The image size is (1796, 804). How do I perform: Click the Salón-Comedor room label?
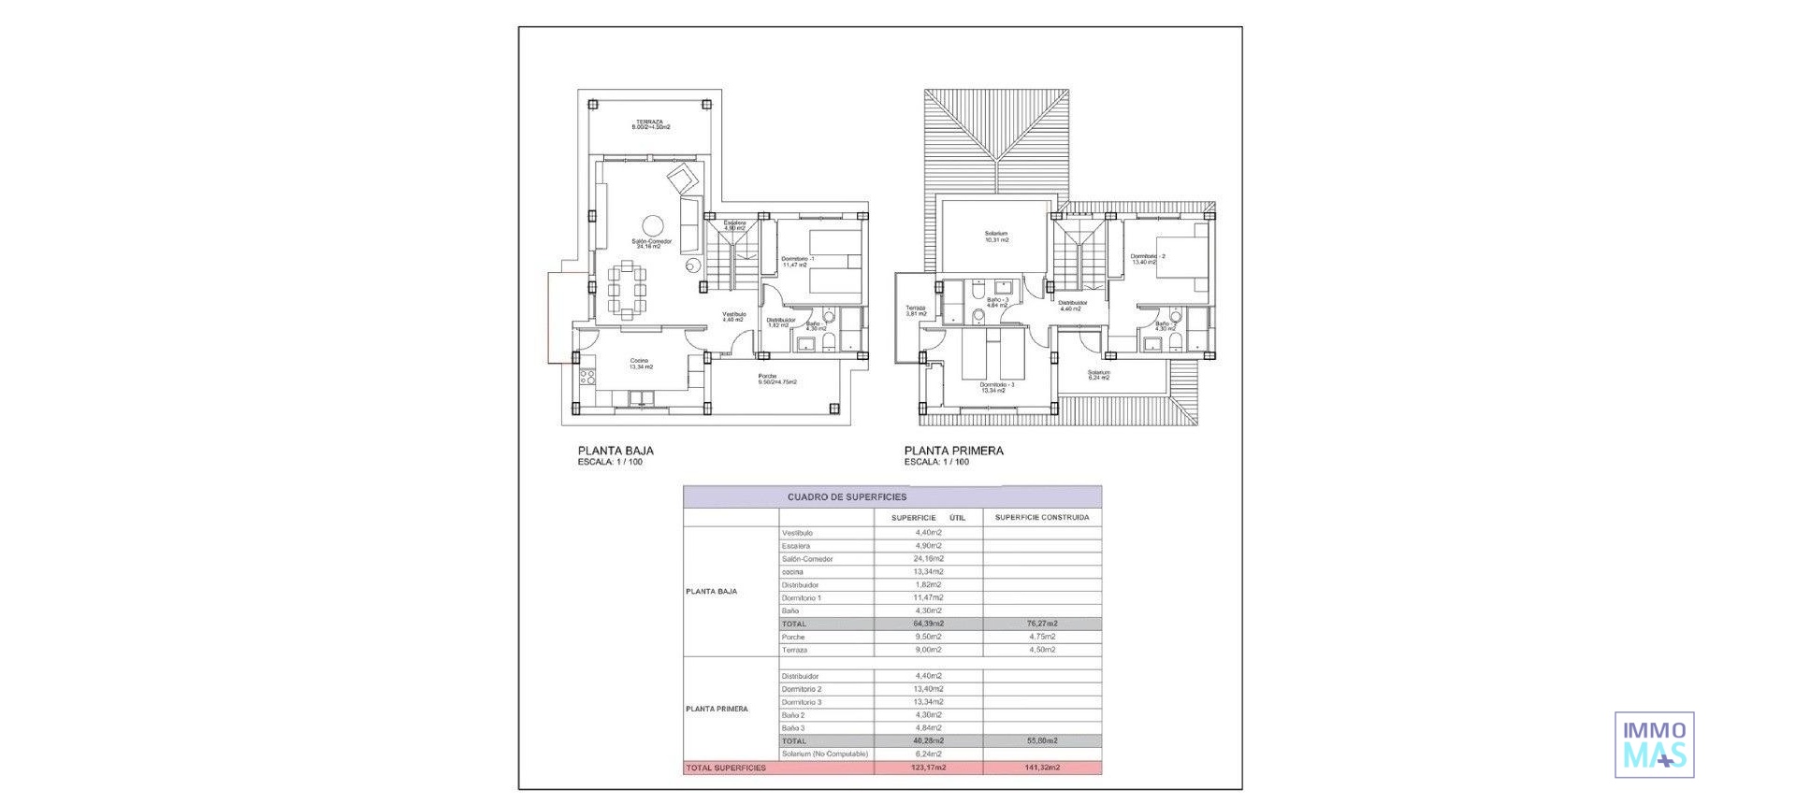(x=651, y=243)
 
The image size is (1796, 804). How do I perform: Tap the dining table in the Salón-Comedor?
(x=627, y=291)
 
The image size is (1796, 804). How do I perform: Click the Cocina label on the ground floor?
(x=640, y=364)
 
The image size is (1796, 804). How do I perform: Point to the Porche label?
(x=775, y=379)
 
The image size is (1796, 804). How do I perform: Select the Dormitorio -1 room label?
(x=798, y=261)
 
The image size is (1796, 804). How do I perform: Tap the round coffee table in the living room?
(x=652, y=225)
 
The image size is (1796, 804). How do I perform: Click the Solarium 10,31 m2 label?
(x=996, y=236)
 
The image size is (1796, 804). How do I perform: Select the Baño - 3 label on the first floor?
(x=997, y=302)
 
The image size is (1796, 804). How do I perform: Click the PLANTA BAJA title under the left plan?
(x=616, y=451)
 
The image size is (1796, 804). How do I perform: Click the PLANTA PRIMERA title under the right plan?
(x=953, y=451)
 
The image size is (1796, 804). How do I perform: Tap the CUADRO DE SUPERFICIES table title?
(x=847, y=497)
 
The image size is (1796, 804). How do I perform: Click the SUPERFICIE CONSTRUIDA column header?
(x=1041, y=517)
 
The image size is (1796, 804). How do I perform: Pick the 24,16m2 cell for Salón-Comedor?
(x=928, y=559)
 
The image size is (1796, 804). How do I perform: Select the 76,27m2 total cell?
(x=1041, y=624)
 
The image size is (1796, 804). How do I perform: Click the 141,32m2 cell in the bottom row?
(x=1041, y=768)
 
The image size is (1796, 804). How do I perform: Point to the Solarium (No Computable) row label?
(x=824, y=754)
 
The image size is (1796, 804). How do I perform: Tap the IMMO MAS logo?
(x=1654, y=744)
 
